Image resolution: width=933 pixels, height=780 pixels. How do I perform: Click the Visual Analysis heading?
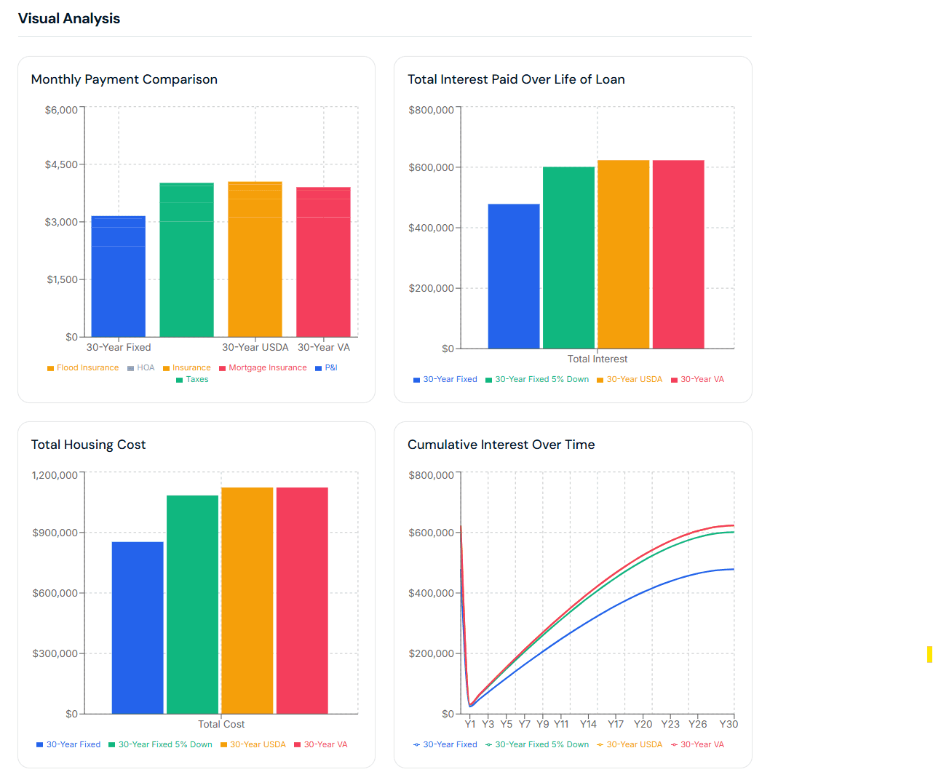click(69, 19)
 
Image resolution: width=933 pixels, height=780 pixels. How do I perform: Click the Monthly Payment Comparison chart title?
click(124, 79)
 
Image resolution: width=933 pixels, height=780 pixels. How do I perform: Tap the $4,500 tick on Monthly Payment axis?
click(61, 164)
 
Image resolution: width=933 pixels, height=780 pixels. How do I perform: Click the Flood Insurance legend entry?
click(83, 367)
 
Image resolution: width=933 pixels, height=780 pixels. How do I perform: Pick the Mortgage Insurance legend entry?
click(263, 367)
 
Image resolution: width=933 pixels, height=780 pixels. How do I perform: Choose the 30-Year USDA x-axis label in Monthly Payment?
click(255, 347)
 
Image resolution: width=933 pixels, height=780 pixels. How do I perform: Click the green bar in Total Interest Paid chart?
click(568, 258)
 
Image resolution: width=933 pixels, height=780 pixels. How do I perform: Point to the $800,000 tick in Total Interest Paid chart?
click(431, 110)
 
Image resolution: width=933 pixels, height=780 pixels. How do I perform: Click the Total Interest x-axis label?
click(597, 359)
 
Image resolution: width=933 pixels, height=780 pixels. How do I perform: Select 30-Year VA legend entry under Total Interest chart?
click(698, 379)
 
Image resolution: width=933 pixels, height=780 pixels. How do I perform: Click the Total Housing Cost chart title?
click(88, 445)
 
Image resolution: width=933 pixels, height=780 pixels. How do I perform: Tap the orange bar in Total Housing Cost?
click(247, 600)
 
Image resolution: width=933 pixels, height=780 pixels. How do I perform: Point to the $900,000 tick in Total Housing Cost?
click(55, 533)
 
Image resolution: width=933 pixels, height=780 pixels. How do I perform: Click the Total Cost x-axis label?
click(221, 724)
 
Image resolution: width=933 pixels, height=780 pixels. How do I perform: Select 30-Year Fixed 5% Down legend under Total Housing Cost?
click(161, 744)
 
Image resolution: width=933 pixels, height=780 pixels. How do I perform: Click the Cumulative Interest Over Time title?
click(501, 445)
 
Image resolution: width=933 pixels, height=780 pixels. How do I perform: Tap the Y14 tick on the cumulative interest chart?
click(588, 724)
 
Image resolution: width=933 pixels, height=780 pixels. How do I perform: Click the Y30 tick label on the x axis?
click(728, 724)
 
